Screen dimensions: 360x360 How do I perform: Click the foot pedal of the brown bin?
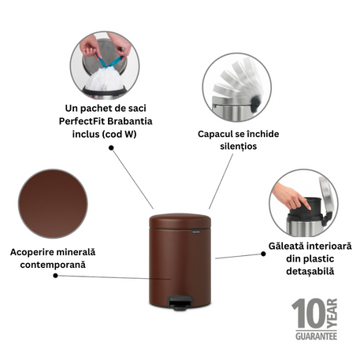[x=180, y=302]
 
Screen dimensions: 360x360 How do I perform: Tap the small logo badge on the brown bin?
[x=196, y=232]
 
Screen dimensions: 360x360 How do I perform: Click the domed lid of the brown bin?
[x=180, y=221]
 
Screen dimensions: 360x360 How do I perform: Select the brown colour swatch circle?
[x=53, y=204]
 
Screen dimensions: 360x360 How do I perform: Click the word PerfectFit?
[x=82, y=121]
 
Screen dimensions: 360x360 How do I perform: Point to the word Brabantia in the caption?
[x=130, y=121]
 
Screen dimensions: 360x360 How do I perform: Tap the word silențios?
[x=239, y=147]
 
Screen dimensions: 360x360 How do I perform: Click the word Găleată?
[x=286, y=246]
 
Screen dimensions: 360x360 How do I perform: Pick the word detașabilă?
[x=310, y=271]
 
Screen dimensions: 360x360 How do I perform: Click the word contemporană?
[x=53, y=265]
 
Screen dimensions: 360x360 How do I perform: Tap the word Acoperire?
[x=32, y=252]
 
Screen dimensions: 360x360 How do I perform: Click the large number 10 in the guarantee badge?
[x=309, y=314]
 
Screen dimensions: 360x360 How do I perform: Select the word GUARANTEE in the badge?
[x=316, y=336]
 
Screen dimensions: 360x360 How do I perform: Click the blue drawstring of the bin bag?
[x=109, y=61]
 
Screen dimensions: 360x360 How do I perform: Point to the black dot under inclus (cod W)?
[x=111, y=148]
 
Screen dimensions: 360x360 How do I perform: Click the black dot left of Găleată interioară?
[x=263, y=254]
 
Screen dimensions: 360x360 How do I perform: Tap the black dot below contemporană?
[x=55, y=276]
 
